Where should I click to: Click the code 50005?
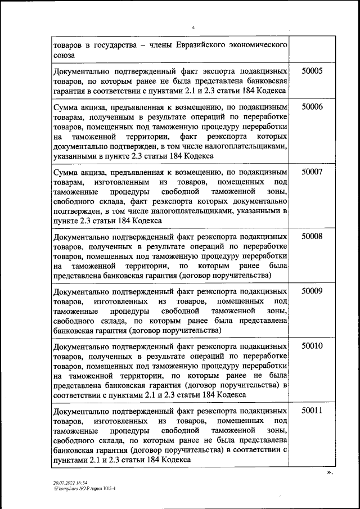[312, 71]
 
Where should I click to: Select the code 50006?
[312, 107]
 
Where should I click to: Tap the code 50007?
[312, 172]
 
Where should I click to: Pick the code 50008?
[312, 237]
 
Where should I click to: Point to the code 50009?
[312, 291]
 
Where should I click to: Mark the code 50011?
[312, 411]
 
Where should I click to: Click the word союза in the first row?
[64, 55]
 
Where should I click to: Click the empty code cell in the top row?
[312, 49]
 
